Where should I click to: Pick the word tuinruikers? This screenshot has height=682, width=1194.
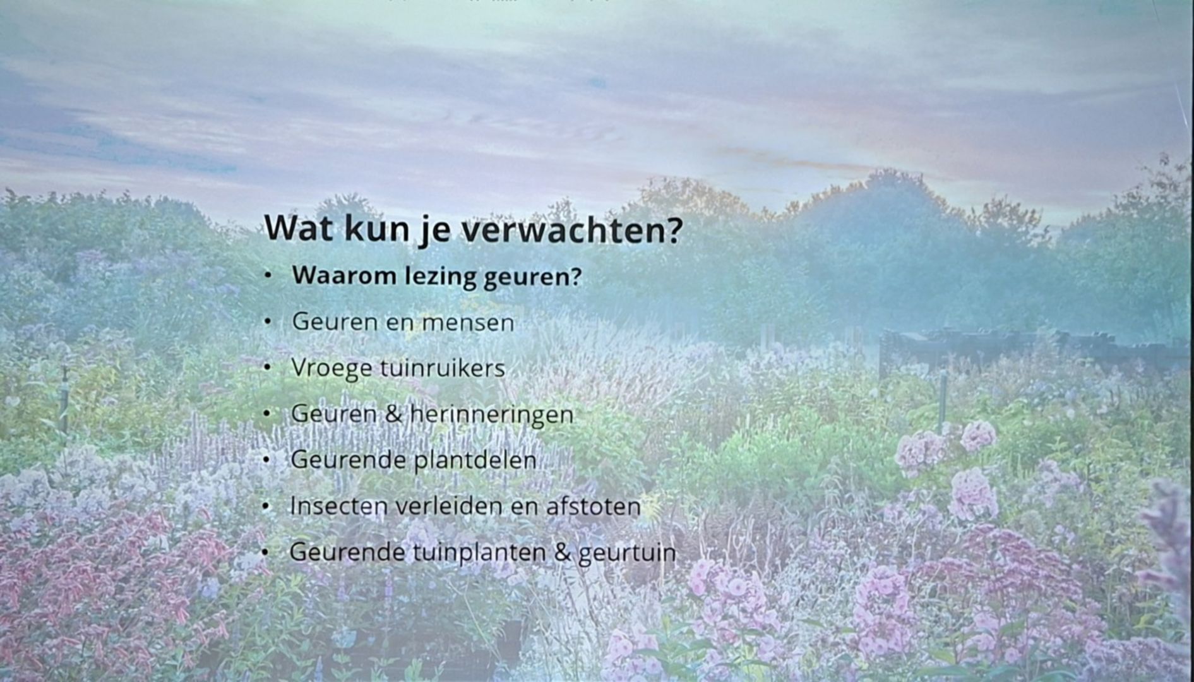click(442, 368)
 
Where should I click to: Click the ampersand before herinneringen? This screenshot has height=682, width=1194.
click(393, 414)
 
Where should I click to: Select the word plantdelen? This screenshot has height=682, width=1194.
click(475, 460)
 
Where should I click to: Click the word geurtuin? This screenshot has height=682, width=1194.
click(627, 553)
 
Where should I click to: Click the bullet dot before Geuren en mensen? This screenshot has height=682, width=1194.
click(268, 322)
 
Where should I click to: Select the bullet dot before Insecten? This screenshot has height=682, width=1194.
click(266, 506)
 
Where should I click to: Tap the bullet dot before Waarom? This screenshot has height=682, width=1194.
click(268, 276)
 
